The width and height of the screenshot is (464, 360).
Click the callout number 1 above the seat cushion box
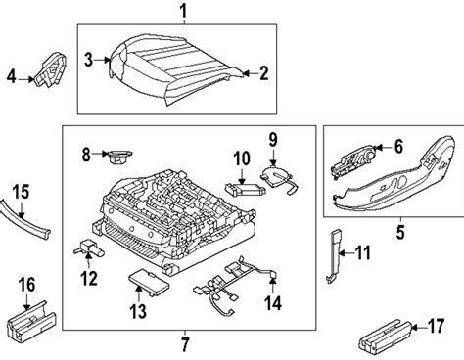(x=184, y=11)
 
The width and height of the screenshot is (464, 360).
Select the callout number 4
(x=12, y=76)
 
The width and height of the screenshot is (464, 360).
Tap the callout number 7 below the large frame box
(x=185, y=344)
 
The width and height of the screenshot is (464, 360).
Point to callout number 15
(x=22, y=192)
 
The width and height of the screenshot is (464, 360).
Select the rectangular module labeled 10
(x=246, y=189)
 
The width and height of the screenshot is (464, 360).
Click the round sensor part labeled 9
(x=279, y=178)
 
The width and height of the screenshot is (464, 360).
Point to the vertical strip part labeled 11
(x=335, y=255)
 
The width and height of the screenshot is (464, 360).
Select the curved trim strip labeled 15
(x=24, y=219)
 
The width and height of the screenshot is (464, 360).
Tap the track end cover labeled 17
(x=385, y=337)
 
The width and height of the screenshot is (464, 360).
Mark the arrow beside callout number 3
(x=102, y=60)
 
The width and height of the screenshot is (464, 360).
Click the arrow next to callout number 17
(x=419, y=326)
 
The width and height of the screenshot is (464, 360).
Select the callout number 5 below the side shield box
(x=400, y=232)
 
